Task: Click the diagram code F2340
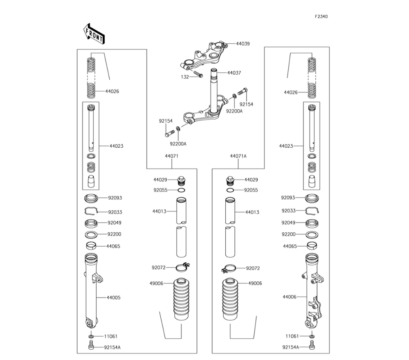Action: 321,17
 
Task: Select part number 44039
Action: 243,43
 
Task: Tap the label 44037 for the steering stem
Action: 234,73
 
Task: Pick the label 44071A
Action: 238,156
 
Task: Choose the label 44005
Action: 113,297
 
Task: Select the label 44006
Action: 289,297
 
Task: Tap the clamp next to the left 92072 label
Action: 182,268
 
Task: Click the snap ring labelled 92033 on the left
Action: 92,211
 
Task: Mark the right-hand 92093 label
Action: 288,198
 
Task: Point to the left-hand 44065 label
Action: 113,246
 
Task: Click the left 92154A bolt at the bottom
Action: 91,347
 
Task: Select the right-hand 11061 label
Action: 292,336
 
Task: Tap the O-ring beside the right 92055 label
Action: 230,190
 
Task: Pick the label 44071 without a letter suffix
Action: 171,156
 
